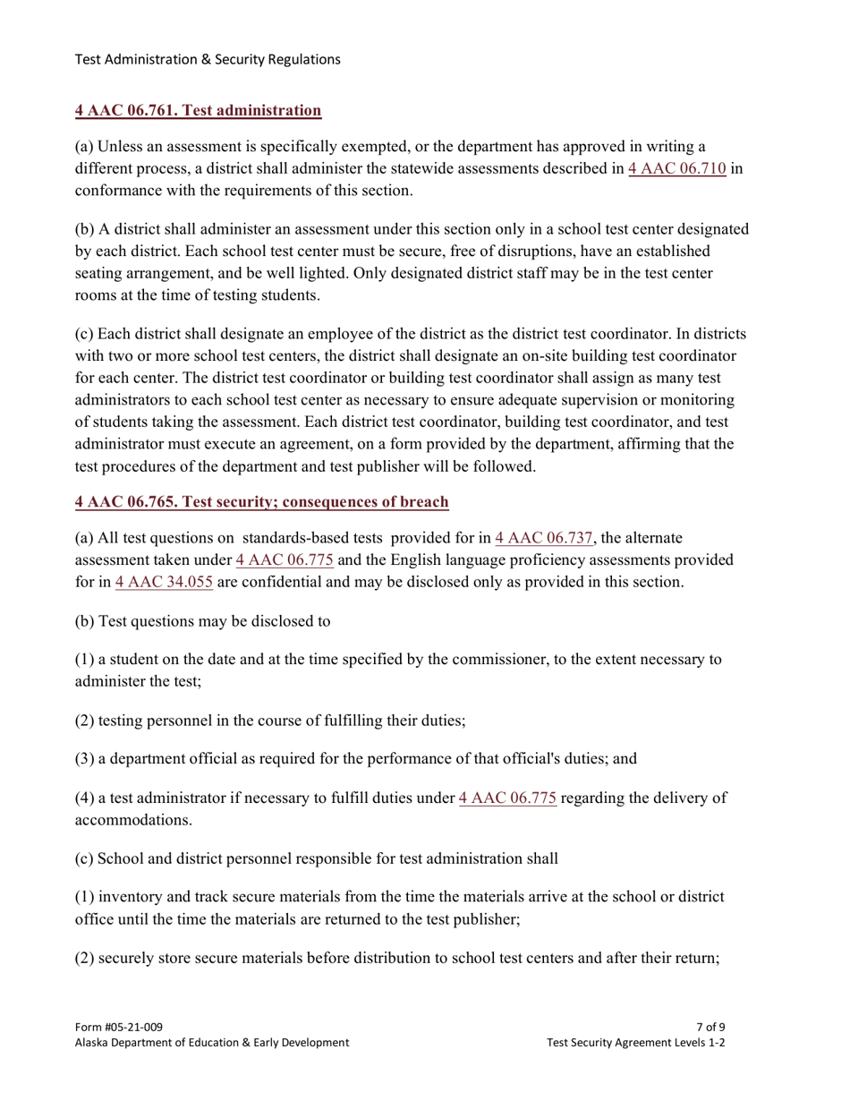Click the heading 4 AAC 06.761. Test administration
click(198, 111)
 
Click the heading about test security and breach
click(261, 502)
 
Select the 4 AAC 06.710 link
click(676, 168)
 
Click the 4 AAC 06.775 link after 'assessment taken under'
click(285, 559)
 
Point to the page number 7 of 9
click(710, 1027)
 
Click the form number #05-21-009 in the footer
click(118, 1027)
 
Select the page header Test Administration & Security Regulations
click(208, 59)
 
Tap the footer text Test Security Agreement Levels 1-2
click(635, 1043)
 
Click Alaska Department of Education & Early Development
click(211, 1043)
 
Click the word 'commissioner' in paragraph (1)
click(519, 660)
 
